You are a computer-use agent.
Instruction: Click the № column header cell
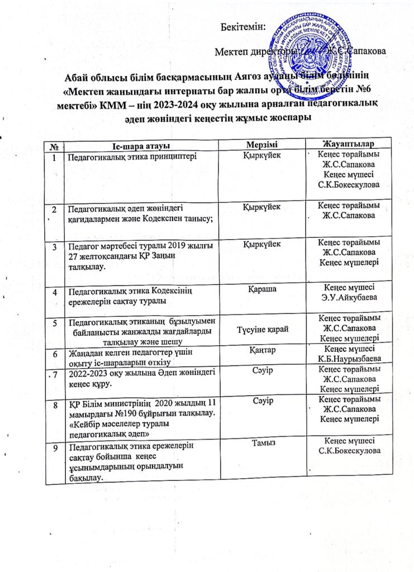(x=55, y=145)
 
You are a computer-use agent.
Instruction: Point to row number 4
(x=55, y=292)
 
